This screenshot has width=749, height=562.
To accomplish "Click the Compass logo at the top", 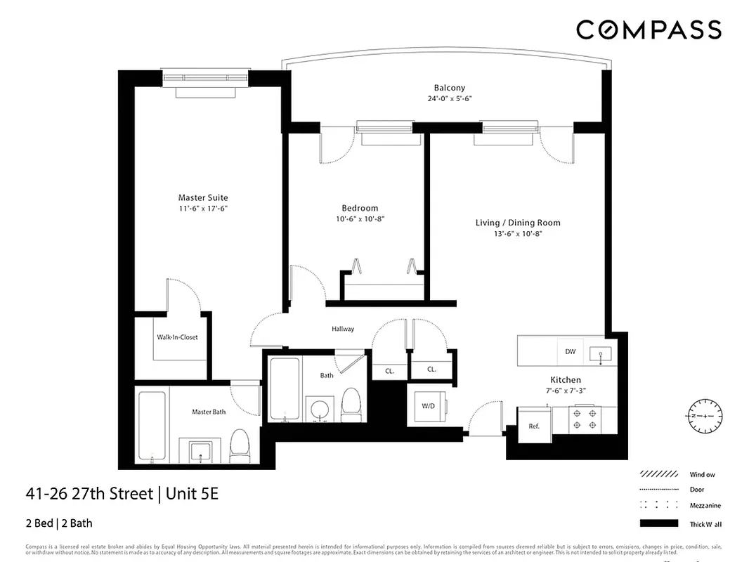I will pos(649,30).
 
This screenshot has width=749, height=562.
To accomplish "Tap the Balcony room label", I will pos(449,88).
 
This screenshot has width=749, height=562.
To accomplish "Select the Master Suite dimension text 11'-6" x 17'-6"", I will pos(202,209).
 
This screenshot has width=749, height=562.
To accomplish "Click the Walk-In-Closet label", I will pos(177,337).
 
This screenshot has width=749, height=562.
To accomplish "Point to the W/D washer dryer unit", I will pos(428,406).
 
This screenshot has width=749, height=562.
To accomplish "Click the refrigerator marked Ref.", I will pos(533,426).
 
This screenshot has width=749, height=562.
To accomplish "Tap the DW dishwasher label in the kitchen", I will pos(571,351).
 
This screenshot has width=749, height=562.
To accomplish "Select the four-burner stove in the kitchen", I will pos(585,419).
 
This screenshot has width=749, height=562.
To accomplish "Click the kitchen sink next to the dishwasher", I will pos(600,353).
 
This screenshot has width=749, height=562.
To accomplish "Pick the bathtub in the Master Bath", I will pos(152,426).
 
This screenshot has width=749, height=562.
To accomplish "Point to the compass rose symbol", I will pos(703,416).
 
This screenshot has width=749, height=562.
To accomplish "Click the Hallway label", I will pos(343,329).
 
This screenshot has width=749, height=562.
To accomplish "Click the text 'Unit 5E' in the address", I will pos(192,494).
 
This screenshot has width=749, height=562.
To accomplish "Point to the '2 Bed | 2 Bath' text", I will pos(60,523).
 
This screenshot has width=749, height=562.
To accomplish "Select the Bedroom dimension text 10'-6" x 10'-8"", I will pos(360,218).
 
